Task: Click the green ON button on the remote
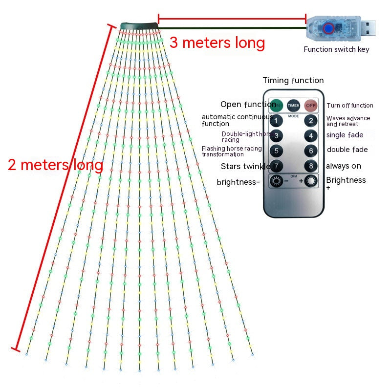tap(277, 105)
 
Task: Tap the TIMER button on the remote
tap(293, 105)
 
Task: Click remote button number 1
tap(276, 121)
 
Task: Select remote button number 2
tap(310, 121)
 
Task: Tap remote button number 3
tap(276, 136)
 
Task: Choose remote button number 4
tap(310, 136)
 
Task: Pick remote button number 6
tap(310, 151)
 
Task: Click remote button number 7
tap(276, 166)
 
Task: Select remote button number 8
tap(310, 166)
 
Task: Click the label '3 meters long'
tap(217, 43)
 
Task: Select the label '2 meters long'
tap(55, 165)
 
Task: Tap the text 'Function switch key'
tap(336, 49)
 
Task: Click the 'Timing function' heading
tap(293, 81)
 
